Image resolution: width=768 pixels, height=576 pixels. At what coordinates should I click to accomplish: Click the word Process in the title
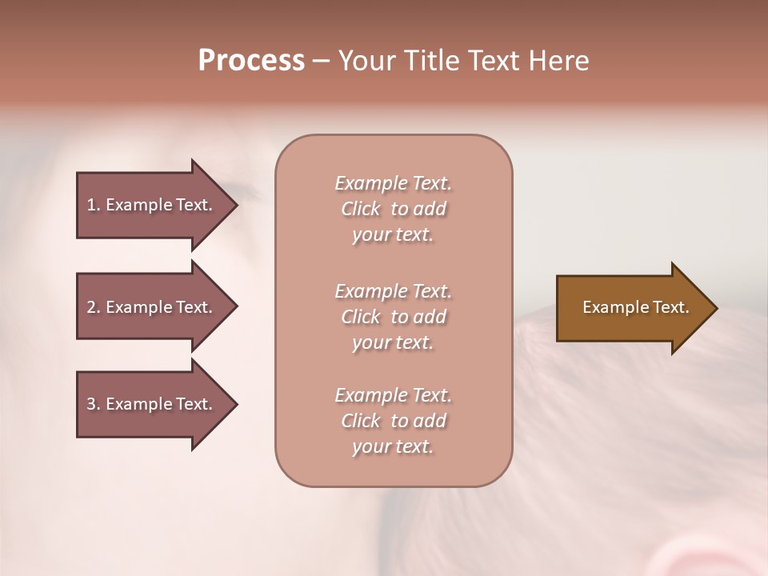(251, 61)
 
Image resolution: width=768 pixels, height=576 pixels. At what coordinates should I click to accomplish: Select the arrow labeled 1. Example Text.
(152, 205)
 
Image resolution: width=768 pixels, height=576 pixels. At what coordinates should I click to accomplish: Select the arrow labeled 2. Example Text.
(152, 307)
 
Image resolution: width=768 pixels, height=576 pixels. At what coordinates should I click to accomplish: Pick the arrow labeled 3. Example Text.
(152, 404)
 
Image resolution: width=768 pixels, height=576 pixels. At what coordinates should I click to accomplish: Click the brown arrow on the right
(632, 308)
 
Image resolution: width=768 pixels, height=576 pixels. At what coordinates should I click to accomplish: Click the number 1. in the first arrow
(94, 205)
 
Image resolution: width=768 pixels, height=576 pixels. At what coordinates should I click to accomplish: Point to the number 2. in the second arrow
(94, 307)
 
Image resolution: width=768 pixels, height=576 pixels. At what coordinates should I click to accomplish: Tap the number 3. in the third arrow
(94, 404)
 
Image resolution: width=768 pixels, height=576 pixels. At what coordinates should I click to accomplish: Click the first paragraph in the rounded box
(393, 209)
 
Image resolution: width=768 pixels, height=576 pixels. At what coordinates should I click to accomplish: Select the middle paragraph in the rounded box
(393, 317)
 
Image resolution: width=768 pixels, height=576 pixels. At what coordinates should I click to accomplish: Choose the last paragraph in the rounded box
(393, 421)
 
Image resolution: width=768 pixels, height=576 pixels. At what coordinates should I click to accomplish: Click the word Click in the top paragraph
(361, 209)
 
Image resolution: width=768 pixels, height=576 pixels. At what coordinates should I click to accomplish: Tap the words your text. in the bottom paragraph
(393, 447)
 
